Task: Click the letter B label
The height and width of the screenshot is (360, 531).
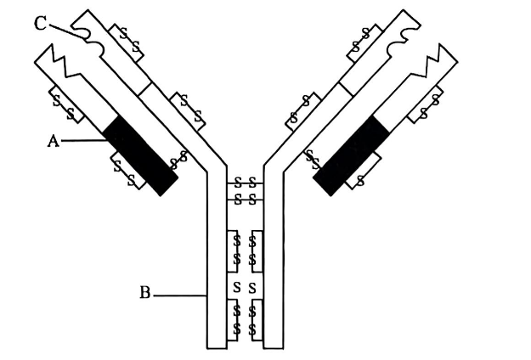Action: pos(145,294)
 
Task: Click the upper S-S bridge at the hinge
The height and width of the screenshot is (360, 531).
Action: pos(246,183)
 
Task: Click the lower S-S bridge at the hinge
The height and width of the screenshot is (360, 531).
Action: pos(246,199)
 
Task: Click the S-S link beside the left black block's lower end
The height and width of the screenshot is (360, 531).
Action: pos(179,158)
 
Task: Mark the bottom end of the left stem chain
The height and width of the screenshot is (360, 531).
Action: pos(217,346)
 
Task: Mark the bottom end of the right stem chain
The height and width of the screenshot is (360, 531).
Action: pos(274,346)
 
